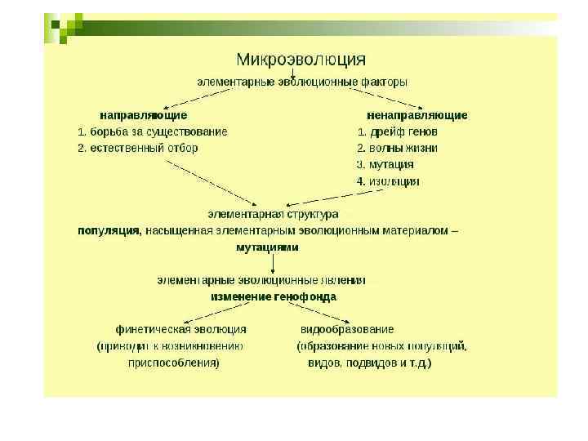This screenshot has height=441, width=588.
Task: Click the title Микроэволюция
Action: (x=301, y=60)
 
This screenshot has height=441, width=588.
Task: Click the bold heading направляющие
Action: (x=144, y=115)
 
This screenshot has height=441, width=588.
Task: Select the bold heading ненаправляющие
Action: (x=417, y=115)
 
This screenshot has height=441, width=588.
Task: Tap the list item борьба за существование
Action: (x=158, y=131)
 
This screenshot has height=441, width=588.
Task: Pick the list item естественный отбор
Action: (x=144, y=148)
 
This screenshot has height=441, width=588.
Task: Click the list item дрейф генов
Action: (x=403, y=131)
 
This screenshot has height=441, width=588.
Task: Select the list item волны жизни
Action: (x=403, y=148)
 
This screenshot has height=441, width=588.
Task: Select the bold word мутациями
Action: (x=268, y=247)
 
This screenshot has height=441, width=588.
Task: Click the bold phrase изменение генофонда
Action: (x=274, y=296)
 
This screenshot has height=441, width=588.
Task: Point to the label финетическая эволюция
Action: (x=181, y=329)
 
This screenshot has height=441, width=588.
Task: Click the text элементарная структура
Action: (x=273, y=214)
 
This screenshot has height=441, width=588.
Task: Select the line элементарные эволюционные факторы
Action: (x=301, y=82)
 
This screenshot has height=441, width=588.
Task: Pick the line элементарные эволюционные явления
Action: (x=261, y=279)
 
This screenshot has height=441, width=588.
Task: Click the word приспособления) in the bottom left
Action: (x=173, y=363)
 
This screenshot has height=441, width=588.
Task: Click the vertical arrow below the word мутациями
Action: (x=272, y=263)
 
